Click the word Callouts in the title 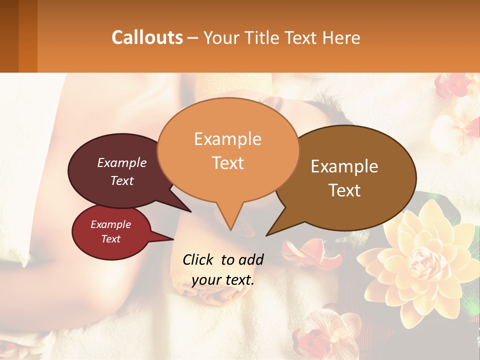point(147,37)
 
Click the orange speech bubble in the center point(228,150)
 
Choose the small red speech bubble point(111,232)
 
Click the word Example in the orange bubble point(227,138)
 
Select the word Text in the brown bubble point(345,190)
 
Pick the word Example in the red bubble point(110,224)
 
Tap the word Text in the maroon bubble point(122,180)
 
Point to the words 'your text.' point(222,280)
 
